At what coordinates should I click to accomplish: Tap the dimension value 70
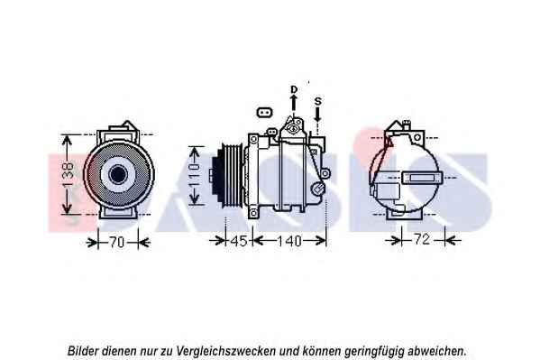click(x=117, y=242)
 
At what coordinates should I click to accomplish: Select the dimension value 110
click(x=195, y=175)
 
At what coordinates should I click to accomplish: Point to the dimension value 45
click(x=239, y=241)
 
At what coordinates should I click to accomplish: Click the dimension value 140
click(x=289, y=241)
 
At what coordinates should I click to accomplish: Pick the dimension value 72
click(x=422, y=239)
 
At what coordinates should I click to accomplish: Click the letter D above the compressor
click(x=294, y=89)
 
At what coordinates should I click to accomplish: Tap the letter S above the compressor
click(x=318, y=101)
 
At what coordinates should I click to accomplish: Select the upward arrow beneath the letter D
click(x=294, y=103)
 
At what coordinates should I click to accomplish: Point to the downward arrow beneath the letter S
click(x=317, y=114)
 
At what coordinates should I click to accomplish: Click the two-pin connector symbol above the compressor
click(x=264, y=113)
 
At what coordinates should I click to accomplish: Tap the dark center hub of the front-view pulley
click(x=118, y=174)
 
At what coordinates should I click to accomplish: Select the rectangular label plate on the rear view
click(x=420, y=178)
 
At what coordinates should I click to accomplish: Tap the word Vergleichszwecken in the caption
click(x=225, y=351)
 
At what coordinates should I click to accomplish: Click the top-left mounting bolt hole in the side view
click(x=254, y=139)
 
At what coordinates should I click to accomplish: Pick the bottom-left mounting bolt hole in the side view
click(x=253, y=213)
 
